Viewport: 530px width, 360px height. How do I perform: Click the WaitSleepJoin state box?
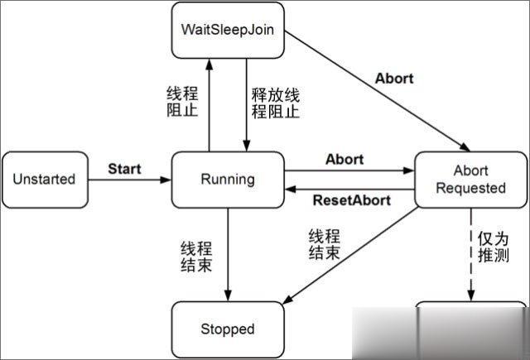[x=228, y=30]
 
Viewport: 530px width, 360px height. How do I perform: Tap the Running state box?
[x=228, y=179]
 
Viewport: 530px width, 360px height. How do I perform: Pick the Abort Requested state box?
[x=469, y=179]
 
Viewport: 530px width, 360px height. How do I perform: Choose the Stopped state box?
[x=228, y=329]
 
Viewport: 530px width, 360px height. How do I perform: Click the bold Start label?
[x=125, y=169]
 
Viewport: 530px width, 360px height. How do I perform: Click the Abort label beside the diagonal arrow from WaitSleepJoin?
[x=394, y=79]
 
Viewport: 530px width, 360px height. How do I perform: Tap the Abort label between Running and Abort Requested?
[x=344, y=159]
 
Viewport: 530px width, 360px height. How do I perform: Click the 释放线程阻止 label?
[x=272, y=100]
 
